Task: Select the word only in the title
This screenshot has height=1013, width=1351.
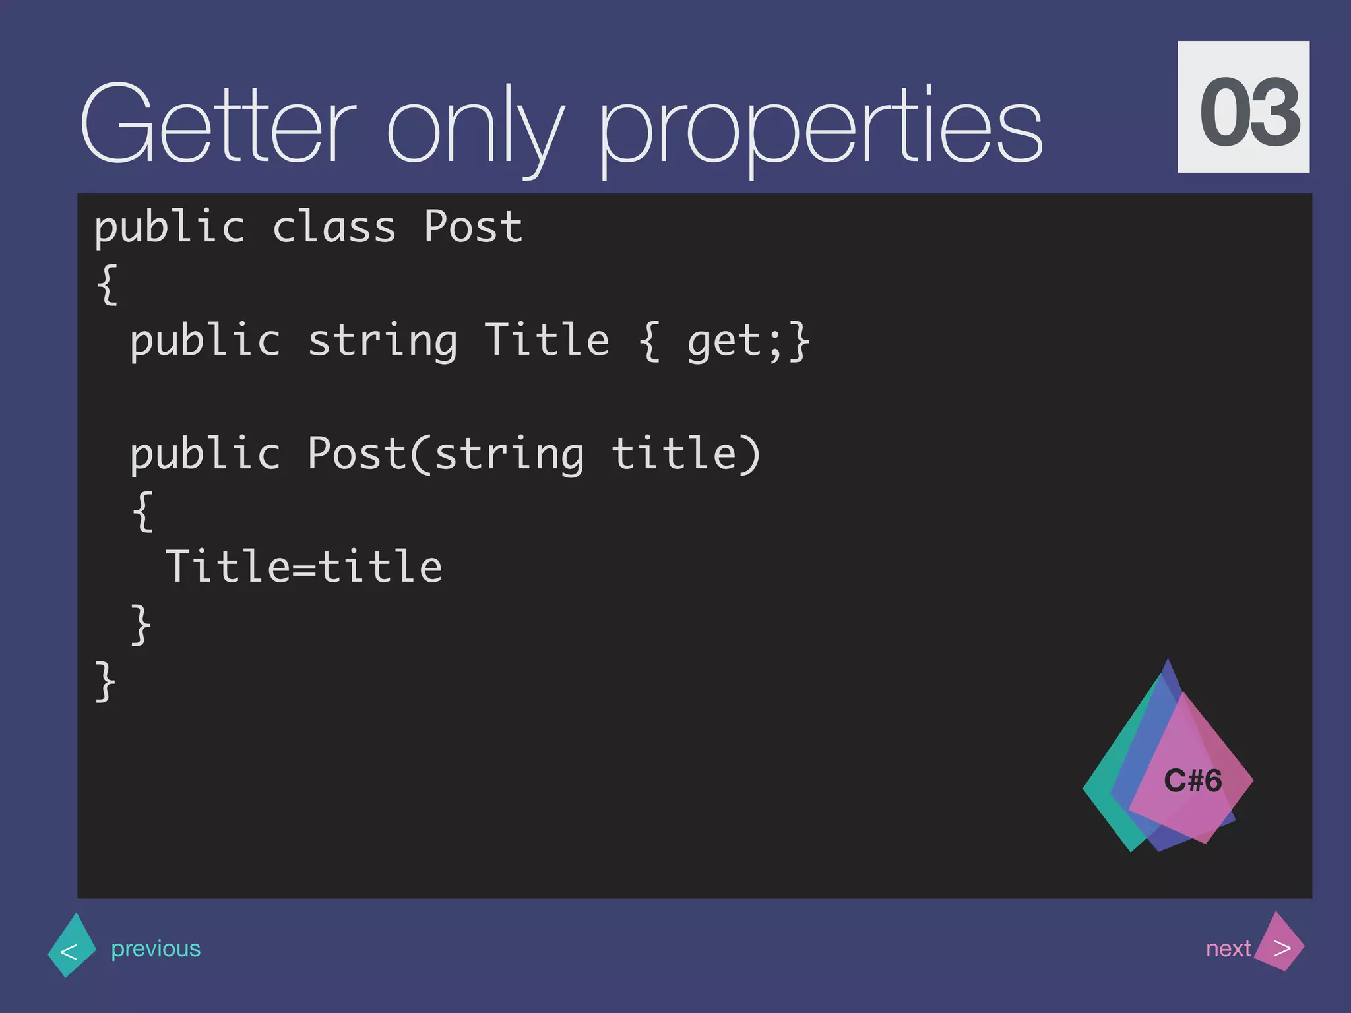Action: [x=475, y=129]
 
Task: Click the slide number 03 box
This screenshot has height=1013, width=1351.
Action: [x=1243, y=107]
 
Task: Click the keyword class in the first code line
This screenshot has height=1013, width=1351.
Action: [x=334, y=228]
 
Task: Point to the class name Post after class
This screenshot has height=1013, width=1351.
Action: [x=472, y=228]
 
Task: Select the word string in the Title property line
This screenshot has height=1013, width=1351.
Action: [x=383, y=342]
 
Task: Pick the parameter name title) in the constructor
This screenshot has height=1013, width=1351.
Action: [x=686, y=454]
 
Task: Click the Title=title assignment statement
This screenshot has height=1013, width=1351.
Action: [x=303, y=567]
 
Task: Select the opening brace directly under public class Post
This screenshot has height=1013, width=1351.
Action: [x=108, y=284]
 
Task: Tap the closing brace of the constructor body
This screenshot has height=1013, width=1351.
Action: [x=141, y=624]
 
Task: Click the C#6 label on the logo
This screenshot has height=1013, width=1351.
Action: [x=1193, y=781]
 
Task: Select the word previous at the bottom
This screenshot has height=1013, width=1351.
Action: [x=156, y=949]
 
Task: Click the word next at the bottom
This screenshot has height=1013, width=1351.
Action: [x=1228, y=949]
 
